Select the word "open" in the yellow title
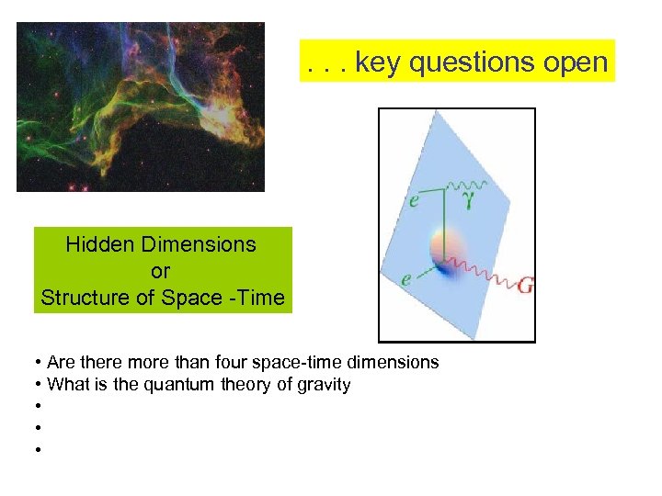click(x=576, y=62)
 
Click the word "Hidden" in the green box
click(x=100, y=244)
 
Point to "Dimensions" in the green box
click(x=199, y=244)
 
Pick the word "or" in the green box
click(x=161, y=271)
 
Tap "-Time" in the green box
click(x=258, y=298)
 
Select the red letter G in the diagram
click(x=525, y=287)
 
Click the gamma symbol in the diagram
click(x=469, y=200)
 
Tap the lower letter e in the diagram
click(x=405, y=279)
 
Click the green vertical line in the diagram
click(x=446, y=216)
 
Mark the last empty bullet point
click(x=38, y=450)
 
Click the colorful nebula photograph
click(x=140, y=107)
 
